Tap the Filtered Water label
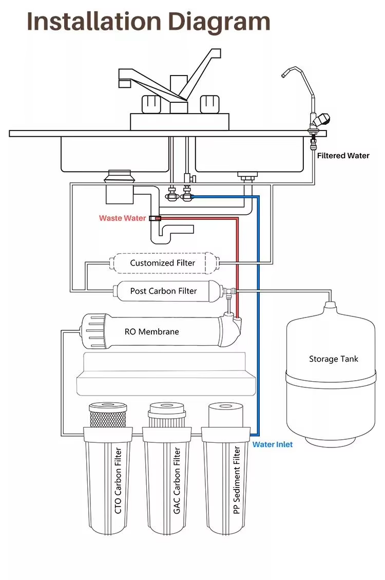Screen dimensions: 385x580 [x=343, y=156]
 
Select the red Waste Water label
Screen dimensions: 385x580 [x=122, y=218]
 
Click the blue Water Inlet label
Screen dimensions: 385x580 [x=273, y=444]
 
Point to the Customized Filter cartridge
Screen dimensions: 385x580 [x=163, y=263]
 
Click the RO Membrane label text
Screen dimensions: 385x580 [x=151, y=332]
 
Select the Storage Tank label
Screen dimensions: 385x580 [x=333, y=359]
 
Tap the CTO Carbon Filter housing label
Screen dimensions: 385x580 [x=118, y=480]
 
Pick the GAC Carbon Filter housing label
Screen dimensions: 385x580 [x=177, y=480]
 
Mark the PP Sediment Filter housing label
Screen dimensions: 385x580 [x=237, y=480]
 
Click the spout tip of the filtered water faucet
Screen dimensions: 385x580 [x=283, y=75]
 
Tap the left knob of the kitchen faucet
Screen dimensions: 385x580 [x=151, y=104]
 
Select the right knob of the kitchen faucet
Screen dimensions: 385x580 [x=209, y=104]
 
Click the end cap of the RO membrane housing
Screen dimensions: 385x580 [x=94, y=331]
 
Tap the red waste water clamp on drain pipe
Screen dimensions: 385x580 [x=155, y=219]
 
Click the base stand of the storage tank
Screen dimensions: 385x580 [x=331, y=441]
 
